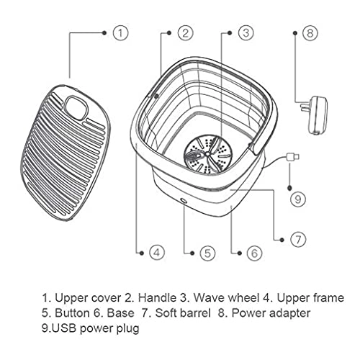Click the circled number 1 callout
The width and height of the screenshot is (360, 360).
click(121, 33)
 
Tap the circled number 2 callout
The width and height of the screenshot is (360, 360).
click(186, 33)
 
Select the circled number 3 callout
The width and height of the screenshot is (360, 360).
click(246, 33)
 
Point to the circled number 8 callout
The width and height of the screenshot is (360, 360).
click(310, 33)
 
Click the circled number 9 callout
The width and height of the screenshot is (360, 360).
click(298, 199)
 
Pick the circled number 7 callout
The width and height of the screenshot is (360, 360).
click(298, 239)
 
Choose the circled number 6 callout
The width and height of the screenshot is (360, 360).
click(254, 253)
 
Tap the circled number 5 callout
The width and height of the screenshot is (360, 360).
click(207, 253)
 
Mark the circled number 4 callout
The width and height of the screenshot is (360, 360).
click(157, 253)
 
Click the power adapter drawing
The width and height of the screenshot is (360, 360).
click(314, 115)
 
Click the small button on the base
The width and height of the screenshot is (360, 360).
click(184, 201)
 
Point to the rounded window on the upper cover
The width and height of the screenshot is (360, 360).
click(76, 107)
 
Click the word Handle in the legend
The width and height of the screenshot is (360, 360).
click(157, 298)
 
